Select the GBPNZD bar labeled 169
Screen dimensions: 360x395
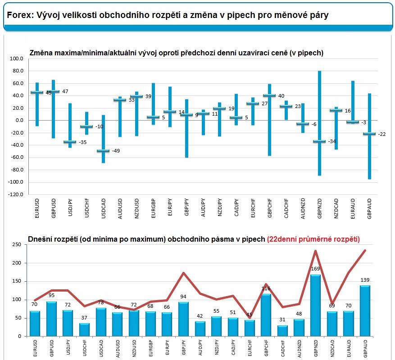[315, 305]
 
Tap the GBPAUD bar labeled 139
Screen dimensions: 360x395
[365, 310]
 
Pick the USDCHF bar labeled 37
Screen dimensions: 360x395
[85, 329]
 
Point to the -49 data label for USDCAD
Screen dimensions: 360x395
[116, 151]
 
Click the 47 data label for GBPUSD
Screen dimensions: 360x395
[65, 91]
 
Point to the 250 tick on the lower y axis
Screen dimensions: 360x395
[16, 244]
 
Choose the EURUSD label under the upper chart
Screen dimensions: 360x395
[36, 211]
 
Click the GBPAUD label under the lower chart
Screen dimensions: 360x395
[365, 349]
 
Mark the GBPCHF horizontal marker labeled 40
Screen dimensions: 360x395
[269, 95]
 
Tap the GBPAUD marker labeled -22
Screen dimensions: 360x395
[369, 134]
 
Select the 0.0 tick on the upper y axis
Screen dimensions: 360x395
[19, 121]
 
